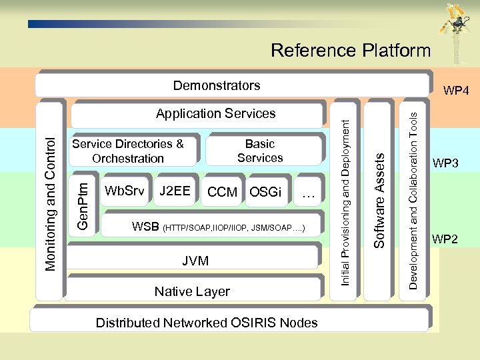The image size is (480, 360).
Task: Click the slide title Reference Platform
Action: [x=351, y=51]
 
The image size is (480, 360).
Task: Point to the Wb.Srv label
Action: [x=125, y=191]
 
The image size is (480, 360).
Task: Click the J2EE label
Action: [x=175, y=191]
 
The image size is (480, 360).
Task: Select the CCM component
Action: [x=223, y=193]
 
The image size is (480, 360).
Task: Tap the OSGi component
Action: [x=265, y=193]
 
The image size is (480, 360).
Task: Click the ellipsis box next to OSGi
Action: [x=307, y=193]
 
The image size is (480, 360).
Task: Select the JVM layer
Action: [x=195, y=261]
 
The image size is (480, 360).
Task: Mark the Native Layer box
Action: [x=192, y=291]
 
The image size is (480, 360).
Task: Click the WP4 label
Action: [x=457, y=90]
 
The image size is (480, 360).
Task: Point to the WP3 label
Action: [x=445, y=163]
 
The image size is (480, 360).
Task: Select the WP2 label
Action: [x=445, y=239]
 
